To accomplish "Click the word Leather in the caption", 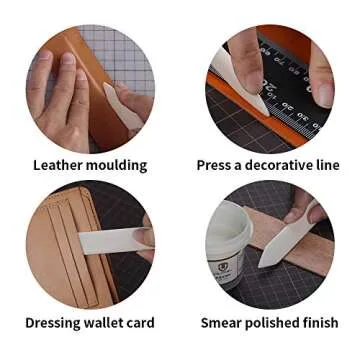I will [x=57, y=165].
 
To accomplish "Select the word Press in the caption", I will [x=216, y=165].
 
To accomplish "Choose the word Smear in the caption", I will [x=221, y=323].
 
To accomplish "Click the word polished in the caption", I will [x=273, y=323].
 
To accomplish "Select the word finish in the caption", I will [x=320, y=323].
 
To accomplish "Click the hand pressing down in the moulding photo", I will [x=60, y=100].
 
